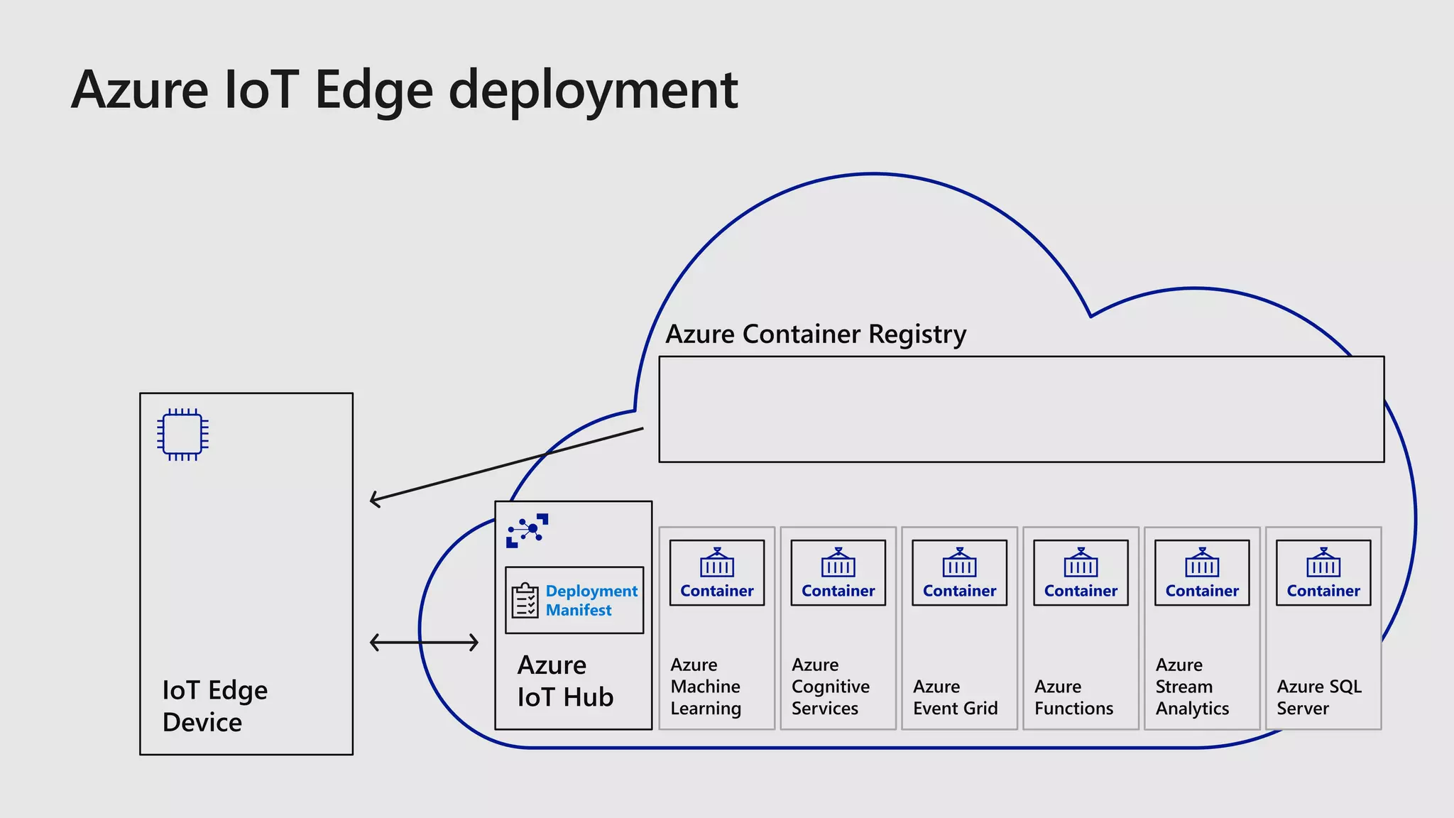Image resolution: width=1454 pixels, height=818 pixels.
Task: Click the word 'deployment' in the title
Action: tap(594, 90)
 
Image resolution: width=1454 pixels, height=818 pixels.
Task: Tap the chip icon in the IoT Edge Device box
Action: tap(182, 435)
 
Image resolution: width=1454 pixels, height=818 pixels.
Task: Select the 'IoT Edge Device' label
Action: tap(215, 706)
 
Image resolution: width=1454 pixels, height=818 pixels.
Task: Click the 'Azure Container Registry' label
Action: tap(816, 334)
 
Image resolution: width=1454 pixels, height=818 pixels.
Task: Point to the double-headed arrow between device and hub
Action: tap(425, 643)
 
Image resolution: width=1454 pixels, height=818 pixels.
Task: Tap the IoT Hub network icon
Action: tap(527, 530)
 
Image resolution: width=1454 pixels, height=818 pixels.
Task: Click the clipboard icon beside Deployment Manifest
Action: tap(525, 601)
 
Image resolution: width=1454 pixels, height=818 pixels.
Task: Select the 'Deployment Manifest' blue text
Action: tap(591, 601)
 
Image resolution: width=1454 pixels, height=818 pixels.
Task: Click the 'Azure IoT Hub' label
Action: tap(565, 681)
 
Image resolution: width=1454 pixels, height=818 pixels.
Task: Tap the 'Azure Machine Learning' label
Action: tap(706, 687)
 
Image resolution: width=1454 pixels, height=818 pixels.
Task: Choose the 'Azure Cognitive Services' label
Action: tap(831, 687)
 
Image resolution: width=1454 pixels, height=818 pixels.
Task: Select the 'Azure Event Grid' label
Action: tap(956, 697)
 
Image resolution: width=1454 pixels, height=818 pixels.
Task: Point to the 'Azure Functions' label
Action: tap(1074, 697)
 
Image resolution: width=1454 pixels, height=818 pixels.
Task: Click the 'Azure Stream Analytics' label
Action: tap(1193, 687)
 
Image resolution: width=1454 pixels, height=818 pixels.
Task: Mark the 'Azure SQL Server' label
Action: tap(1319, 697)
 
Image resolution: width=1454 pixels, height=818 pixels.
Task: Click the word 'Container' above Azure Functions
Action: tap(1081, 591)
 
